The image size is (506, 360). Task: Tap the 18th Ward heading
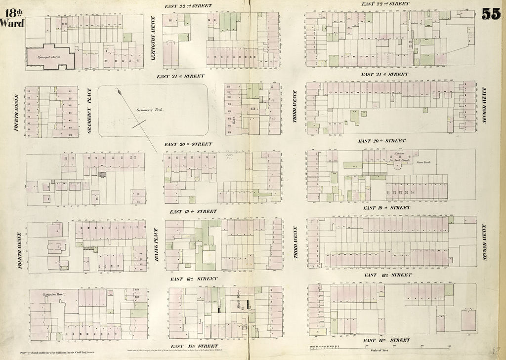tap(11, 18)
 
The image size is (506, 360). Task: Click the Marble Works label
tap(239, 299)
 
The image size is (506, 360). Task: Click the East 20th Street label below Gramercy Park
tap(188, 144)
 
